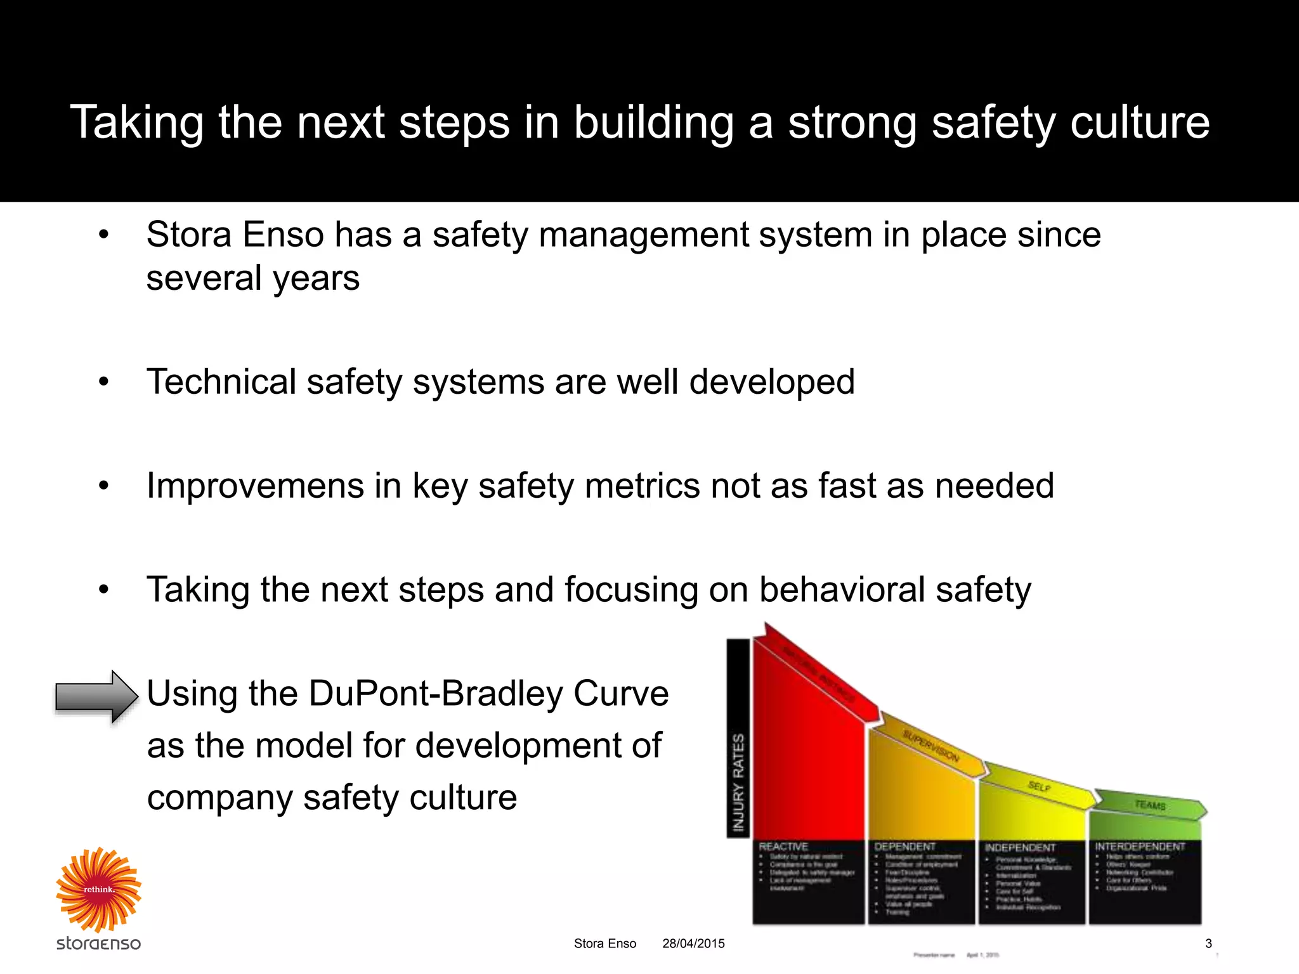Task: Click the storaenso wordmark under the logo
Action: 98,943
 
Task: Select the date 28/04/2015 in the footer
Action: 693,944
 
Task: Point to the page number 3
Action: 1208,944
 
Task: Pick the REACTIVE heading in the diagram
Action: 783,847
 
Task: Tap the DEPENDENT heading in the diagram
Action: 904,847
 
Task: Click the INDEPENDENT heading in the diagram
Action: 1020,848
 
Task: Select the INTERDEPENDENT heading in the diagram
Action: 1140,847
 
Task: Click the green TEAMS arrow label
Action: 1150,805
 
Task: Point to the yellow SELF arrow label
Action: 1039,786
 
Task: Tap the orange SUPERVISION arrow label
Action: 930,746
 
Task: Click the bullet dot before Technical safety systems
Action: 104,382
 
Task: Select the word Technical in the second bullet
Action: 221,382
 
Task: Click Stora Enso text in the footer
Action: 604,944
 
